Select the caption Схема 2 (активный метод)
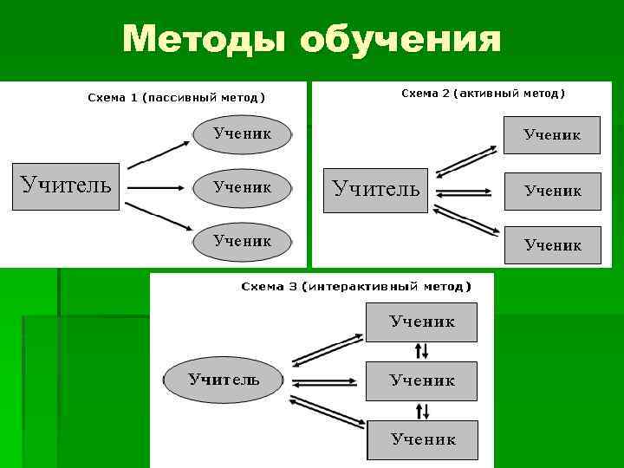pyautogui.click(x=483, y=93)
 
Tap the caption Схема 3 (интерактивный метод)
pyautogui.click(x=356, y=286)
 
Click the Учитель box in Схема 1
pyautogui.click(x=66, y=185)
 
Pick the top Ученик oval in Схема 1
pyautogui.click(x=242, y=133)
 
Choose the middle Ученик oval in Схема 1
pyautogui.click(x=242, y=186)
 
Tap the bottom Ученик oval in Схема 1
pyautogui.click(x=242, y=240)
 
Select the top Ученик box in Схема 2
pyautogui.click(x=552, y=135)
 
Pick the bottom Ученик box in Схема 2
pyautogui.click(x=552, y=245)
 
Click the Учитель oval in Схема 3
pyautogui.click(x=224, y=379)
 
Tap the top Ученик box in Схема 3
pyautogui.click(x=422, y=322)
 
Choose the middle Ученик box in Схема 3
pyautogui.click(x=422, y=380)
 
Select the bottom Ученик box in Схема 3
pyautogui.click(x=422, y=439)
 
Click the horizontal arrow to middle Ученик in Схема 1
pyautogui.click(x=156, y=186)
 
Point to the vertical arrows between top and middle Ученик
pyautogui.click(x=422, y=350)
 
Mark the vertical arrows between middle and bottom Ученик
pyautogui.click(x=422, y=410)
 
